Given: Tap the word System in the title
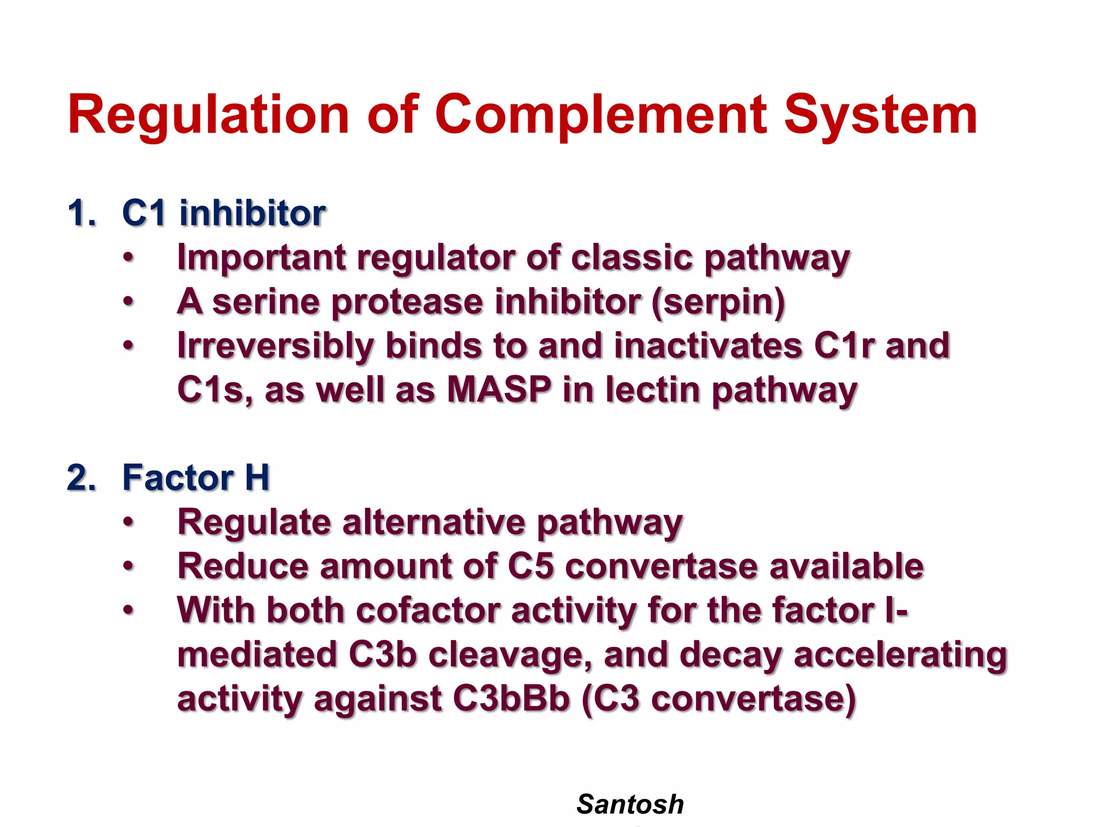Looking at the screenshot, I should tap(880, 116).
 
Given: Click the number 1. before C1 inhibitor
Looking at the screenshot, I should tap(82, 213).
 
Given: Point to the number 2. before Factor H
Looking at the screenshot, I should tap(82, 478).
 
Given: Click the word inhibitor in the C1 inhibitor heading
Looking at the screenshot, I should tap(253, 213).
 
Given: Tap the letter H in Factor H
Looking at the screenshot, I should tap(257, 478).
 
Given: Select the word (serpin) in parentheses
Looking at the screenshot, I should tap(718, 302).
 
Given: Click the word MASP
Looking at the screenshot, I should tap(499, 389).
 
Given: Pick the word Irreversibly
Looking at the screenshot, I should tap(275, 346).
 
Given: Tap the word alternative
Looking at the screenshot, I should tap(433, 522).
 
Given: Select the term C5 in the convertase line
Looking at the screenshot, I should tap(530, 566).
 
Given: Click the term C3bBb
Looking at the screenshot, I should tap(511, 699).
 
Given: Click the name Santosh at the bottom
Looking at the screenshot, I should tap(630, 804).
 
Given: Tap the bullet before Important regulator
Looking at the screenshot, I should tap(128, 258).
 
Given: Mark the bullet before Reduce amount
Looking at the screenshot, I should tap(128, 566).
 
